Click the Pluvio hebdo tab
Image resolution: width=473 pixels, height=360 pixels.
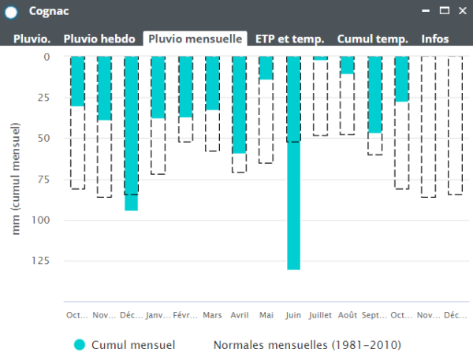[99, 39]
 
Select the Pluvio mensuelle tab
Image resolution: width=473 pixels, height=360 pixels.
[196, 39]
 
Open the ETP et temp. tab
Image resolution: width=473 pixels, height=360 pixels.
[291, 39]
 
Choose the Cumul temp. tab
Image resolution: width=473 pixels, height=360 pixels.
[372, 39]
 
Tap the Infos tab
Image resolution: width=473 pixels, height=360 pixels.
[436, 39]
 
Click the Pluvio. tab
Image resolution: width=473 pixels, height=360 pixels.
[32, 39]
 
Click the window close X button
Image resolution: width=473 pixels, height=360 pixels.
[461, 11]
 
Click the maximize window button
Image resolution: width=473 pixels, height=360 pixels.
[445, 11]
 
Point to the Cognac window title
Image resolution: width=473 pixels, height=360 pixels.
[47, 12]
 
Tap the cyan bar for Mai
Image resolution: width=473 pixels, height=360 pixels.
[266, 68]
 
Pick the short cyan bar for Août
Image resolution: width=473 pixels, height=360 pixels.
[347, 65]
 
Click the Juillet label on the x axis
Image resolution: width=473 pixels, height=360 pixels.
[320, 315]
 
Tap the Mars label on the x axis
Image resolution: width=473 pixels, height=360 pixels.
[212, 315]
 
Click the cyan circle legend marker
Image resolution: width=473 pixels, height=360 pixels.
[79, 345]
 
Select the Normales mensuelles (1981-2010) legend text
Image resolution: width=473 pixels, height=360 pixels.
[307, 345]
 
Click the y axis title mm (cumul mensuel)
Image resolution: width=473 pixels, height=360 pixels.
[17, 179]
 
